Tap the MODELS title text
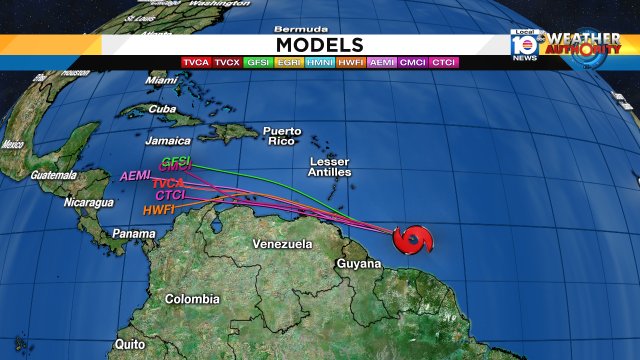pos(319,45)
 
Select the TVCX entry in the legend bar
pos(227,63)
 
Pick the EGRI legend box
pos(289,63)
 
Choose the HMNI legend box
pos(320,63)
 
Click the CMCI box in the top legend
pos(412,63)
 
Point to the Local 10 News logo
pos(524,45)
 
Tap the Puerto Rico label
pos(281,136)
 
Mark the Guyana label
pos(360,264)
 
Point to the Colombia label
pos(192,299)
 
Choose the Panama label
pos(133,234)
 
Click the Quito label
pos(129,343)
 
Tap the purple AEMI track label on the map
pos(135,176)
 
